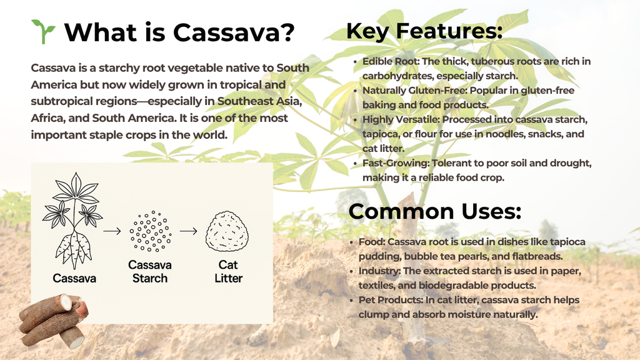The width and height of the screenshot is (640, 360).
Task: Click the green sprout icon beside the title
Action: (43, 31)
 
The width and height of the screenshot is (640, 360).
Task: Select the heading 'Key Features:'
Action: (424, 31)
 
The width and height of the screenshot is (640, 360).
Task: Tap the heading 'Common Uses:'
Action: (435, 211)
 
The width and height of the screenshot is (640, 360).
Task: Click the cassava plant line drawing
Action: (73, 221)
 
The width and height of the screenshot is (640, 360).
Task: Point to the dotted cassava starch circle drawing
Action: (150, 231)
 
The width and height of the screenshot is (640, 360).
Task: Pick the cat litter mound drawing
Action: (227, 231)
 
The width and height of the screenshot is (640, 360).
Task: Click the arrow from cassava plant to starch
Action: (112, 231)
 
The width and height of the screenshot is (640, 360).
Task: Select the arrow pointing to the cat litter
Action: (189, 231)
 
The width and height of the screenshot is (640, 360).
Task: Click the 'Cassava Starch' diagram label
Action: (150, 271)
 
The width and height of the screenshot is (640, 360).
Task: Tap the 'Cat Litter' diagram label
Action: (228, 271)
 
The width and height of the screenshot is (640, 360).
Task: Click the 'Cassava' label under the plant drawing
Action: (74, 278)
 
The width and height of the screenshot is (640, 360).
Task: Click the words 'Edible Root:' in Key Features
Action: (391, 61)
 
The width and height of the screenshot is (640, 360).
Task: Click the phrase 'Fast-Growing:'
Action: (396, 163)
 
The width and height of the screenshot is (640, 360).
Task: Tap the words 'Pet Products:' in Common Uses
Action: (391, 300)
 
